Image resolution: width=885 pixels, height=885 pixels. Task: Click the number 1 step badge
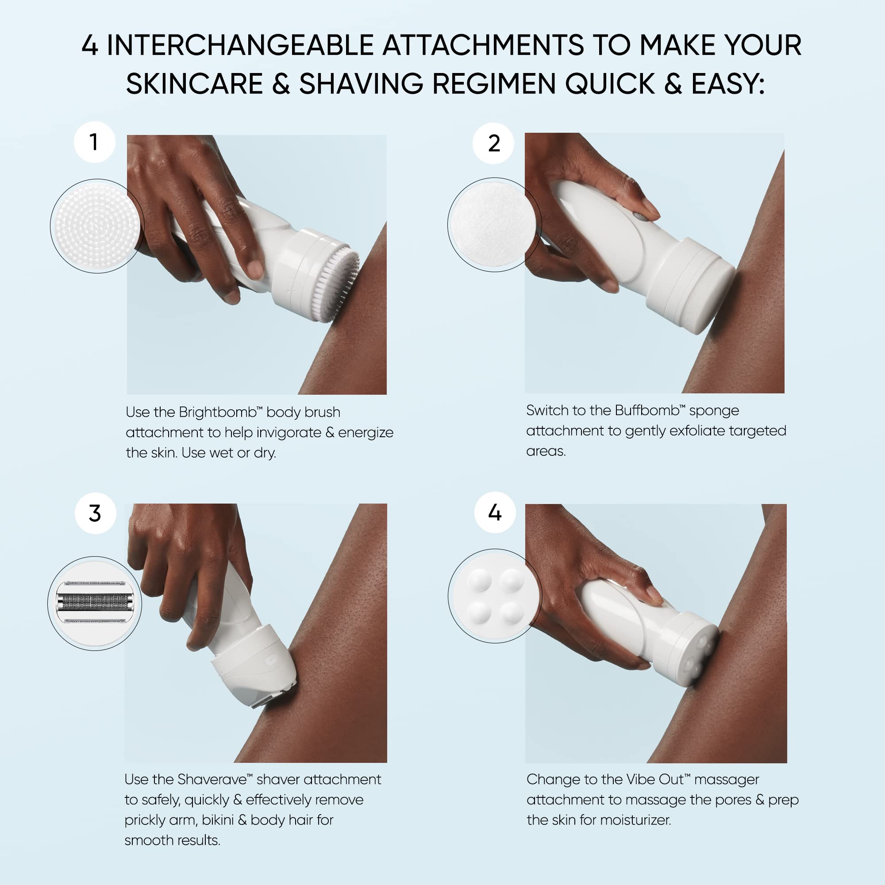pyautogui.click(x=94, y=142)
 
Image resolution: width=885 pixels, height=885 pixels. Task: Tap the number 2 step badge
pyautogui.click(x=493, y=143)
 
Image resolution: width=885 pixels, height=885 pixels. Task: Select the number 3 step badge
pyautogui.click(x=95, y=513)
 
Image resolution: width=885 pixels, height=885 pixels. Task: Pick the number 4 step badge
pyautogui.click(x=495, y=512)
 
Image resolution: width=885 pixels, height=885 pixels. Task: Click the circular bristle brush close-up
pyautogui.click(x=96, y=226)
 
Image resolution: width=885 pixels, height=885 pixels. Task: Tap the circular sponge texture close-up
pyautogui.click(x=494, y=224)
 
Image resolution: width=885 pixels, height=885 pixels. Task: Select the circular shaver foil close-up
pyautogui.click(x=94, y=603)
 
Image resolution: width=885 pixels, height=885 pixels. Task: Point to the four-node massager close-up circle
pyautogui.click(x=495, y=596)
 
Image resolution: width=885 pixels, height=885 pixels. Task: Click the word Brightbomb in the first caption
pyautogui.click(x=217, y=412)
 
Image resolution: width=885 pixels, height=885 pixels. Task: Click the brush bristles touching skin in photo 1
pyautogui.click(x=341, y=284)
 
